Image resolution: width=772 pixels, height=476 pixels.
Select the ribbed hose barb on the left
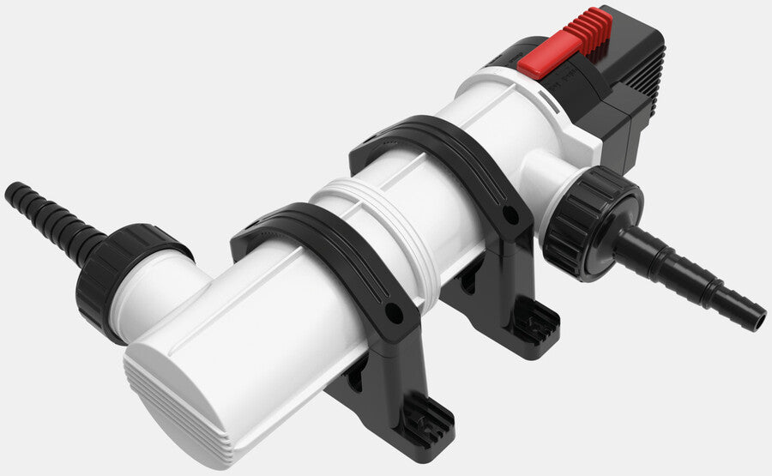tap(51, 220)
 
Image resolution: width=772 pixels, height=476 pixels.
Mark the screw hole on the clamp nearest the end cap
tap(395, 314)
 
